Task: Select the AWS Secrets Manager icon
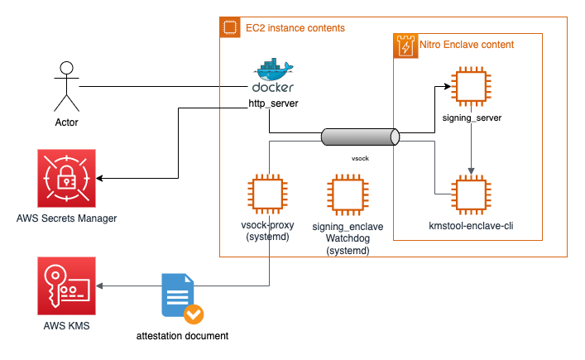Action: pos(67,179)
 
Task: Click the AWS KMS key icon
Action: pos(67,286)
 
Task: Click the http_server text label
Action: pos(273,104)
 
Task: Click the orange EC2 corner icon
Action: pos(230,28)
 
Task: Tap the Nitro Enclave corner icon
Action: pos(405,46)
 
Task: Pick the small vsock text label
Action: pos(360,156)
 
